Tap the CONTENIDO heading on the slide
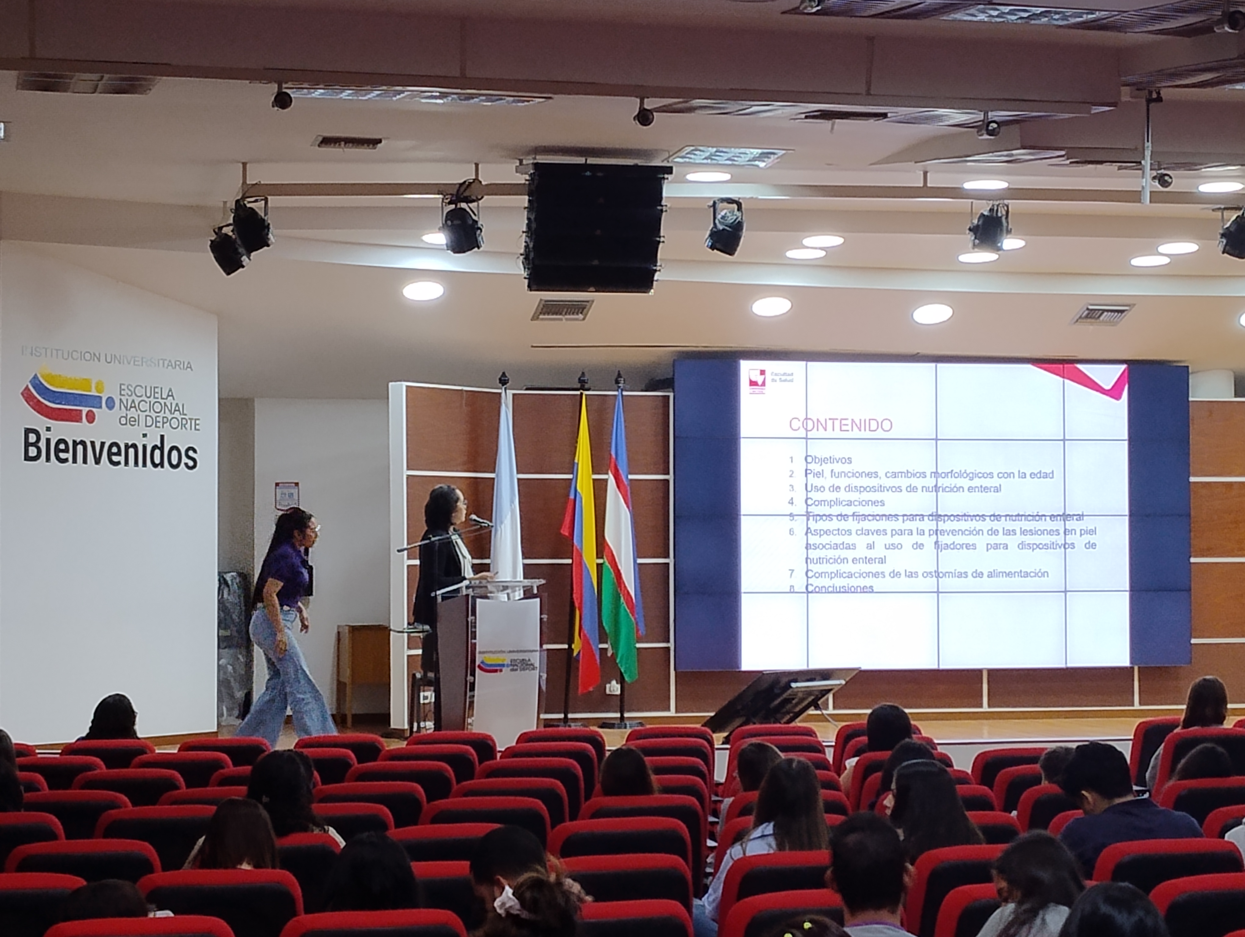[840, 425]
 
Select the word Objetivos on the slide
[828, 459]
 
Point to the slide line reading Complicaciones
[844, 502]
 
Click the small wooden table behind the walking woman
[363, 669]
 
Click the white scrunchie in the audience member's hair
[508, 900]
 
